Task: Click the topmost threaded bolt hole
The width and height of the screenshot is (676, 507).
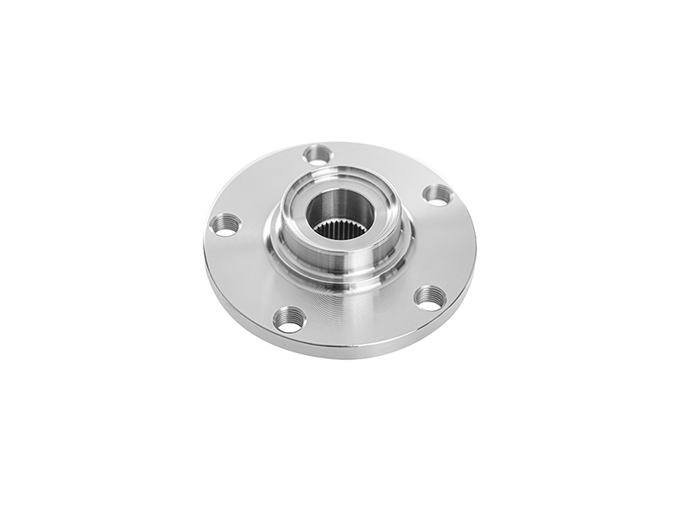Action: pos(318,155)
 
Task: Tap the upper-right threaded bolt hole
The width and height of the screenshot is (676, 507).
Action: pos(437,194)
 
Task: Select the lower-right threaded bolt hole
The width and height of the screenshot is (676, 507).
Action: pos(429,297)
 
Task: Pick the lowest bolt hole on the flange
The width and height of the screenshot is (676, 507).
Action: pos(289,319)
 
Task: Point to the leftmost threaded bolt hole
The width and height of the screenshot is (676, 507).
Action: pos(225,224)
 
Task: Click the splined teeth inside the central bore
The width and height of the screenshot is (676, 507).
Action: pos(340,227)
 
